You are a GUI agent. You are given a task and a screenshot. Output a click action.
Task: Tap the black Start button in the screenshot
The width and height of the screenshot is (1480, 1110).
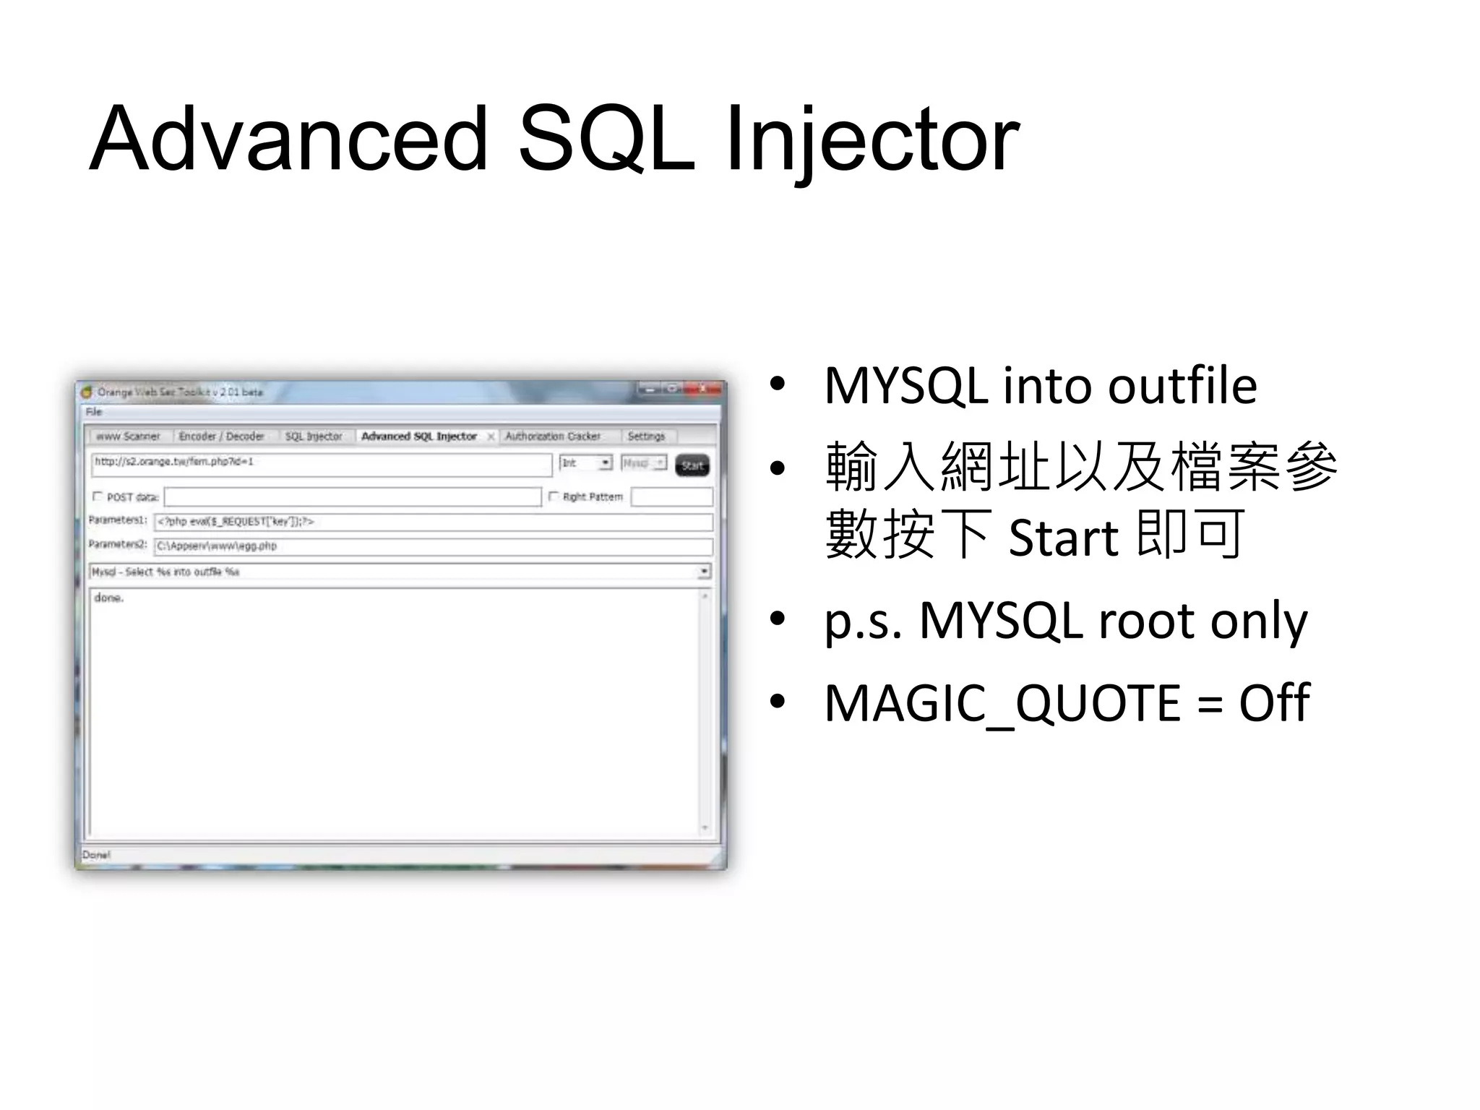click(692, 465)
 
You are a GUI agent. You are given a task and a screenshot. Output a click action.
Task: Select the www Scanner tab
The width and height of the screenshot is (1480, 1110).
click(128, 436)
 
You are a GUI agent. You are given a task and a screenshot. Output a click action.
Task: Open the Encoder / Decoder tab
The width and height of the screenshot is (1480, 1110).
click(221, 436)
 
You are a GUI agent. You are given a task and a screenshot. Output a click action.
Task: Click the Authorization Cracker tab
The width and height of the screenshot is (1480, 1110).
click(553, 436)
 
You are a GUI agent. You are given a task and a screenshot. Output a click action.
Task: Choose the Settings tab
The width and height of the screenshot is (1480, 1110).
click(646, 436)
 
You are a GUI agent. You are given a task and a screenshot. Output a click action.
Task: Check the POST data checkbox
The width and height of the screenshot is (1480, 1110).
click(98, 496)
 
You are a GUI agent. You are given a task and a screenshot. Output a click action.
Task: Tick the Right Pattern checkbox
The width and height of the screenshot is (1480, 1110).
click(554, 496)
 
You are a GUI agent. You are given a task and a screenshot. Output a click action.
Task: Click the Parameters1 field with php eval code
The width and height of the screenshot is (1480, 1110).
click(432, 522)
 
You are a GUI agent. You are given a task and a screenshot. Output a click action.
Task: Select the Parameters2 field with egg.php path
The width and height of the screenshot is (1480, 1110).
click(432, 546)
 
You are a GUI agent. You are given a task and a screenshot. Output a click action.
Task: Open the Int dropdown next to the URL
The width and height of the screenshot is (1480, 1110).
click(606, 463)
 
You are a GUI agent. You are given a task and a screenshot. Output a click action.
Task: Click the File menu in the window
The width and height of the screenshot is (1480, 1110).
click(94, 412)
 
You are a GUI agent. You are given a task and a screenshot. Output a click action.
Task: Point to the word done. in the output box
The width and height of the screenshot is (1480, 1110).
click(109, 598)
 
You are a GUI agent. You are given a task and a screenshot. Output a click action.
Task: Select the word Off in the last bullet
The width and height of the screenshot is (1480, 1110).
click(1273, 702)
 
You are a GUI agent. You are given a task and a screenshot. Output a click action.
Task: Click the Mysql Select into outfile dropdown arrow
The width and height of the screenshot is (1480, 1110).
click(703, 572)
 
